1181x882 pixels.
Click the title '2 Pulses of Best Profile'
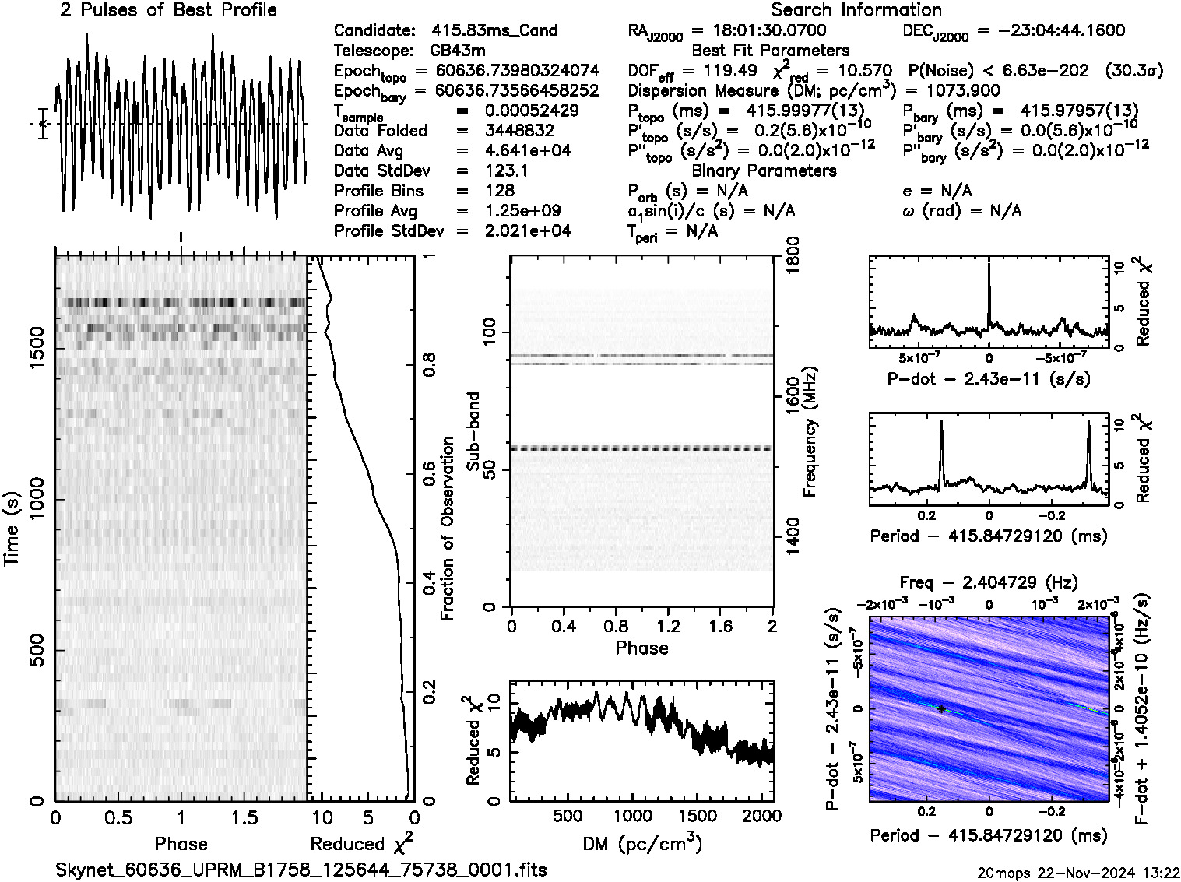point(168,10)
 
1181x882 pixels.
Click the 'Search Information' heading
point(856,10)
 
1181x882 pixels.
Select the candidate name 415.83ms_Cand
point(494,30)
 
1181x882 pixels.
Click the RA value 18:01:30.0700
point(759,30)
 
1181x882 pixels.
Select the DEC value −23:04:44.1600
point(1050,30)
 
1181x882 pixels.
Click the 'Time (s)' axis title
point(13,529)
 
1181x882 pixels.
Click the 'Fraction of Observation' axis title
point(448,529)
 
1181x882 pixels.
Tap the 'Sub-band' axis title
point(473,433)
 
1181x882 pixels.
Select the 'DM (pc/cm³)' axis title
point(641,844)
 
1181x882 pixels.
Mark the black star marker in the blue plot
point(941,709)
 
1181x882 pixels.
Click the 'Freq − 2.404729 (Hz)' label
point(989,582)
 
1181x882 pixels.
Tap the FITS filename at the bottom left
point(301,870)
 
